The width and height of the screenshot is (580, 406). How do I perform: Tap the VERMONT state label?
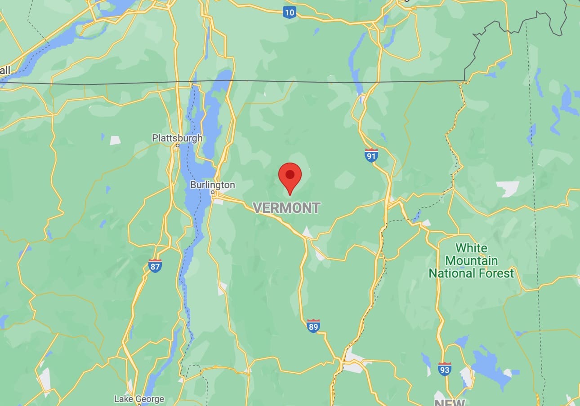pyautogui.click(x=286, y=207)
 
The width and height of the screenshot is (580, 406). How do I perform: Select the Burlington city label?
pyautogui.click(x=212, y=185)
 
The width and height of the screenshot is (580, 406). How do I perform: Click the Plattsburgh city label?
pyautogui.click(x=177, y=138)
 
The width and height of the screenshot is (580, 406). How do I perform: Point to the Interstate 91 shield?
pyautogui.click(x=371, y=155)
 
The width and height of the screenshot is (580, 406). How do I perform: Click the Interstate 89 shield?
pyautogui.click(x=313, y=326)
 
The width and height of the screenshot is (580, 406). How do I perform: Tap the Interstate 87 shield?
pyautogui.click(x=155, y=266)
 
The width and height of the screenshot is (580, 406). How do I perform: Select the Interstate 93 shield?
pyautogui.click(x=444, y=369)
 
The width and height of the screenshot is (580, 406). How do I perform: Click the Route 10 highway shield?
pyautogui.click(x=290, y=12)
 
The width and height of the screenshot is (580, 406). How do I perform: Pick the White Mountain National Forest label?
pyautogui.click(x=471, y=261)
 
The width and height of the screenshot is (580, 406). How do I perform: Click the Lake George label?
pyautogui.click(x=139, y=399)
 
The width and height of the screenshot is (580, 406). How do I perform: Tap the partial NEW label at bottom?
pyautogui.click(x=449, y=402)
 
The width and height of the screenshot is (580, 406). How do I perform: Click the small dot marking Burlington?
pyautogui.click(x=213, y=192)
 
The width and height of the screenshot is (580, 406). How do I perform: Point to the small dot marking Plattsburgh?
pyautogui.click(x=178, y=145)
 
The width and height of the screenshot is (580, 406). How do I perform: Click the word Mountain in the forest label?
pyautogui.click(x=471, y=261)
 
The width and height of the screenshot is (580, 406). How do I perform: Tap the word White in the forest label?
pyautogui.click(x=471, y=248)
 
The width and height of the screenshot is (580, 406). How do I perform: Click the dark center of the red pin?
pyautogui.click(x=290, y=174)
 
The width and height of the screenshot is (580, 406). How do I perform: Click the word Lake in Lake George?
pyautogui.click(x=123, y=399)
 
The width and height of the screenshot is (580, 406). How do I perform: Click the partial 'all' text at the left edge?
pyautogui.click(x=5, y=70)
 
